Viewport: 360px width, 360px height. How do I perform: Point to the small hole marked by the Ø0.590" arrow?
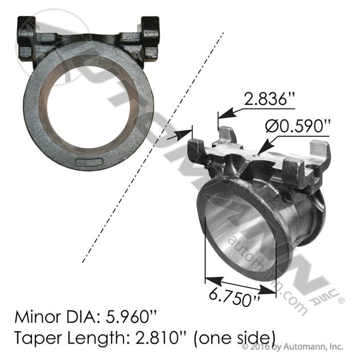click(259, 153)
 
